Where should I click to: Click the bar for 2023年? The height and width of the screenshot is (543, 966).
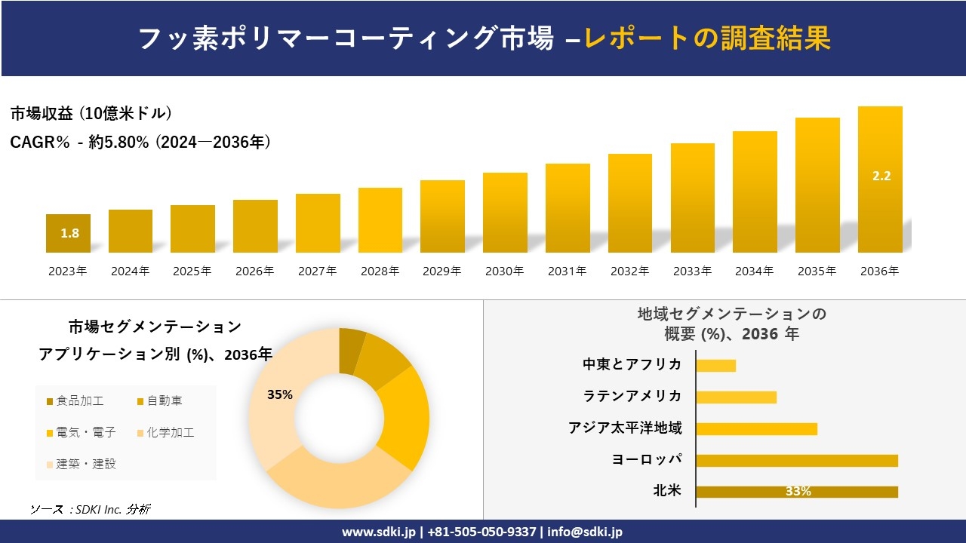pyautogui.click(x=68, y=233)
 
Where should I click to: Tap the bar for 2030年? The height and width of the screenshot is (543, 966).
pyautogui.click(x=505, y=213)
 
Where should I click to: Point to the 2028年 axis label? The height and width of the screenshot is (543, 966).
pyautogui.click(x=380, y=271)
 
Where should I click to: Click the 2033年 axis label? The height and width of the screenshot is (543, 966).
pyautogui.click(x=692, y=271)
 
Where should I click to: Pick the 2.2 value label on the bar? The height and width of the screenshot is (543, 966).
pyautogui.click(x=881, y=176)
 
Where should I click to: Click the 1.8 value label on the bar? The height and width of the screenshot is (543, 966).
pyautogui.click(x=69, y=233)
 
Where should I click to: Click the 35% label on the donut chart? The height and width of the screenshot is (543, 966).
pyautogui.click(x=279, y=394)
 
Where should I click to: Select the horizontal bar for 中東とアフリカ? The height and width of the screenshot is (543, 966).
pyautogui.click(x=715, y=365)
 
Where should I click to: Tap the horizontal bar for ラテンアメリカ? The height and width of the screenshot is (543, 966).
pyautogui.click(x=736, y=397)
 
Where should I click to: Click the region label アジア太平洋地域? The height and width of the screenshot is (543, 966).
pyautogui.click(x=625, y=428)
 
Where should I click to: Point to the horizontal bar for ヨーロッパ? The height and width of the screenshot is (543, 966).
pyautogui.click(x=796, y=460)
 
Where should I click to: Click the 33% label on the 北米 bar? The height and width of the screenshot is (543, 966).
pyautogui.click(x=798, y=492)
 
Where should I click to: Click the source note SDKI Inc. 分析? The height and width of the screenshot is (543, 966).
pyautogui.click(x=91, y=510)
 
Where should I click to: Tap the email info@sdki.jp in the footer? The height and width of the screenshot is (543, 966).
pyautogui.click(x=585, y=532)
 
